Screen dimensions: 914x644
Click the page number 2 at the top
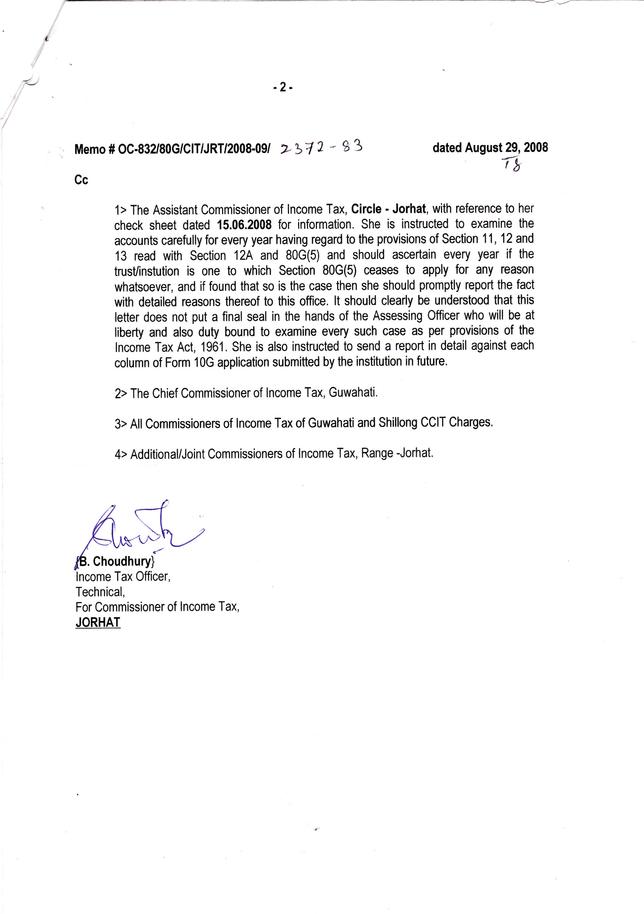tap(283, 87)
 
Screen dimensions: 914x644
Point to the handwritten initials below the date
tap(512, 164)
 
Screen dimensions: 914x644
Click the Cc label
tap(81, 180)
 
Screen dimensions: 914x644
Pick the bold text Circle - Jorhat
tap(388, 209)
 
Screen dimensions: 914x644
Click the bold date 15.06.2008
tap(244, 225)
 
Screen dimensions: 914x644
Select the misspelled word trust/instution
tap(147, 272)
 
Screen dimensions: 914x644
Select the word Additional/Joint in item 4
tap(167, 454)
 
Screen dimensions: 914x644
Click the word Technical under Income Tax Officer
tap(100, 592)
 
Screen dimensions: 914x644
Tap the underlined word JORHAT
tap(98, 622)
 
